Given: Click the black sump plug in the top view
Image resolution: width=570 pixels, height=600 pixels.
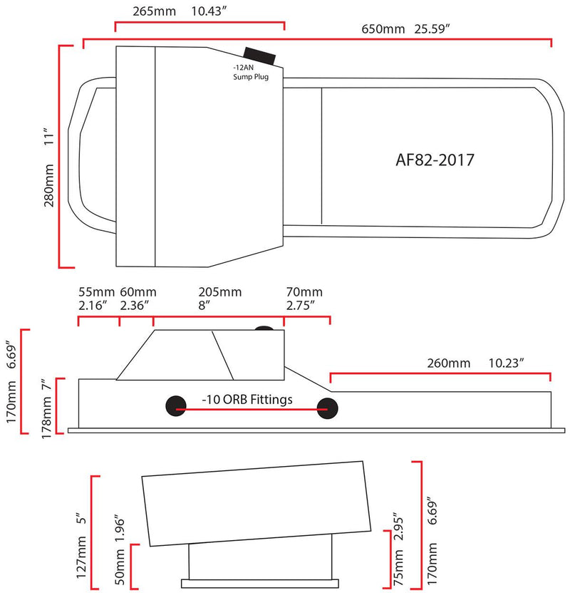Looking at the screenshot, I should pos(260,56).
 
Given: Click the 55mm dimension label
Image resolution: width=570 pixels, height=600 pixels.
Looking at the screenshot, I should pos(93,292).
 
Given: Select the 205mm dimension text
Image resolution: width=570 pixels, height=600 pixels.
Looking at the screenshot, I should pos(220,292).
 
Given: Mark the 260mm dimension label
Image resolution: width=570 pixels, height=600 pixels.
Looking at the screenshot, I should pos(449,363).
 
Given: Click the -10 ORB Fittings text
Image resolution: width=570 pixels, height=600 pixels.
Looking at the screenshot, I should pos(247,400).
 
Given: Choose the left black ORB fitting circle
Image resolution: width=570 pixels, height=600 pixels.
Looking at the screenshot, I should pos(175,405).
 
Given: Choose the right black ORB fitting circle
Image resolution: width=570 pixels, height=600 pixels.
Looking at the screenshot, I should pos(328,406).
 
